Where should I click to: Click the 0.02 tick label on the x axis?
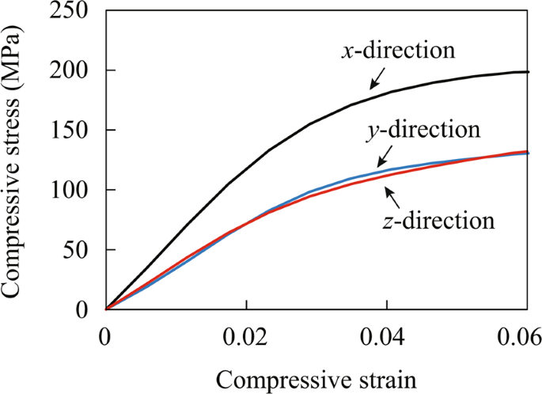(x=246, y=336)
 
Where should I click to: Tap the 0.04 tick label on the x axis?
(x=387, y=336)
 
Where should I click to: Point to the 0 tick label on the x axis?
(x=106, y=336)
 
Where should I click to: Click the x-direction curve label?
(x=399, y=51)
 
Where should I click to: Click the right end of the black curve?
(x=528, y=72)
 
